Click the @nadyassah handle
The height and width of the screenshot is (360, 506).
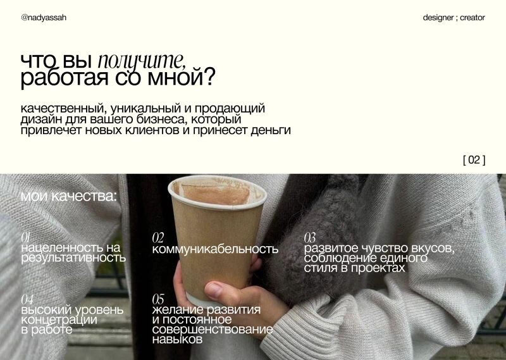point(44,18)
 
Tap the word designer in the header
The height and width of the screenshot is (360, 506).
point(438,18)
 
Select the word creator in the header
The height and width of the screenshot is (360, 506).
point(472,18)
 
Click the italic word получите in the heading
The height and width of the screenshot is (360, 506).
point(142,61)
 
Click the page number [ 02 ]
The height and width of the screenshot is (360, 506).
point(474,160)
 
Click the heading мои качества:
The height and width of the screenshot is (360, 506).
point(69,196)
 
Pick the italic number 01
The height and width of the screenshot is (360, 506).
point(25,237)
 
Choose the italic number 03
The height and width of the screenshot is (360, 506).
point(310,238)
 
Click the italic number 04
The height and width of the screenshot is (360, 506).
point(27,299)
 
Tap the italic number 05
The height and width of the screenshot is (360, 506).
point(158,299)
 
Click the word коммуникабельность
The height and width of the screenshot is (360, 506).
point(215,249)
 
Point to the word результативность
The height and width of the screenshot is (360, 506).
point(73,258)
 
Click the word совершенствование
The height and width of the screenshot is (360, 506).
point(213,330)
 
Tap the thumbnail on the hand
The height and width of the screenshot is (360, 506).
point(214,289)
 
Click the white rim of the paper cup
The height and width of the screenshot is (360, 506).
point(218,193)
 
